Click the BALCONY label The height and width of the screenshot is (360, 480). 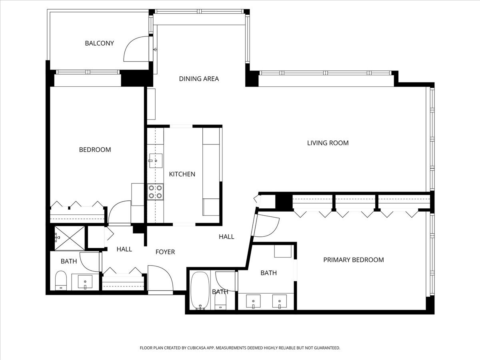[99, 43]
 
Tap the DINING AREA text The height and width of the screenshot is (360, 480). [199, 79]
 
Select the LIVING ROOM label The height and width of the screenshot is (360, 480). [328, 143]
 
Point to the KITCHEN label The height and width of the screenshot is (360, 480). [182, 174]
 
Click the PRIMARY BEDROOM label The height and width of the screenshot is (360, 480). [353, 260]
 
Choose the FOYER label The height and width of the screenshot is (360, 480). [165, 252]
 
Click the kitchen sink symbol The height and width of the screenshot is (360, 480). [155, 161]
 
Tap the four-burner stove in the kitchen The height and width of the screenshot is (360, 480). [155, 191]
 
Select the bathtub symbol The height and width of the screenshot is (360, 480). [200, 291]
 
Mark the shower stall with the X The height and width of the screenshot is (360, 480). [70, 238]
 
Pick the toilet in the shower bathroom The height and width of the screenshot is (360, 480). [60, 280]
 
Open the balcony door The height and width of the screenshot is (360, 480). [136, 49]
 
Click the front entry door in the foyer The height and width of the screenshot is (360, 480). [160, 278]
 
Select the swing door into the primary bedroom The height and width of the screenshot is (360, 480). [266, 226]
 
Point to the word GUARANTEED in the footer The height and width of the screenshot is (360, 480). [325, 348]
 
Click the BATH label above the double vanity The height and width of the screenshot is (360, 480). [268, 273]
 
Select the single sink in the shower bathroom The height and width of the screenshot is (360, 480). [85, 282]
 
